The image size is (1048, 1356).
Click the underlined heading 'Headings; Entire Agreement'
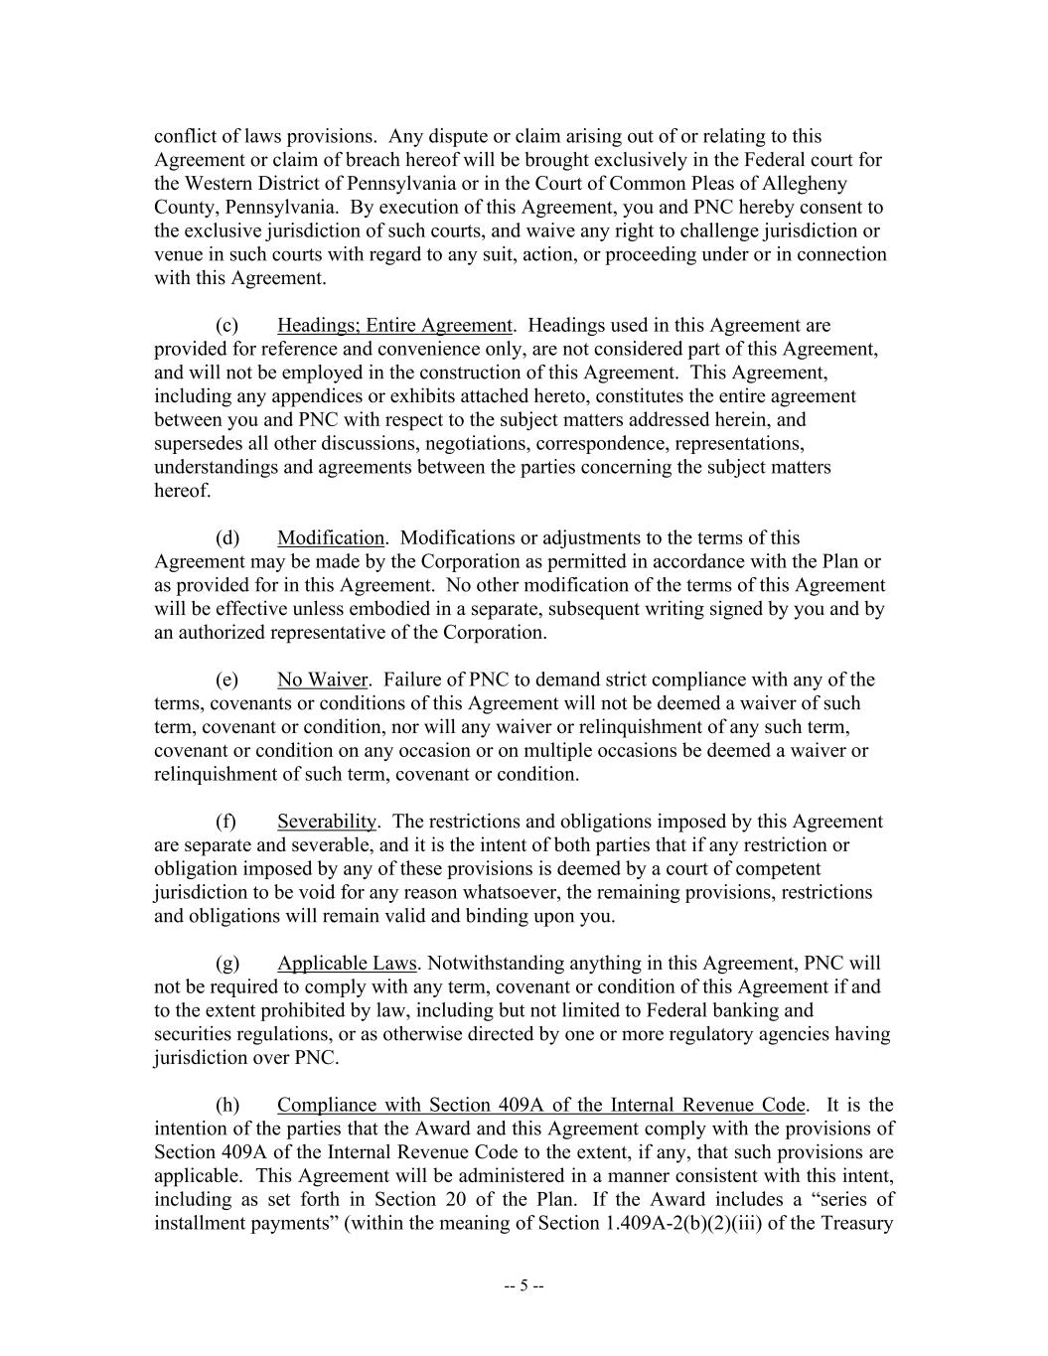[x=394, y=326]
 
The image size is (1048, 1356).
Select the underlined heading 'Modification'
[x=330, y=538]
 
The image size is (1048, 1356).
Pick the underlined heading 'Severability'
[x=327, y=822]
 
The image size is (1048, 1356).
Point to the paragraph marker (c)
[x=227, y=326]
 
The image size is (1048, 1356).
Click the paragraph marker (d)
[x=227, y=538]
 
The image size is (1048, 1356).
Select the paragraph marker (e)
[x=227, y=680]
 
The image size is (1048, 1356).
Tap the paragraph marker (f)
[x=226, y=822]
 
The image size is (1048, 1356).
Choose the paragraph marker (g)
[x=227, y=964]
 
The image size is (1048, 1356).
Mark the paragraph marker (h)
[x=227, y=1106]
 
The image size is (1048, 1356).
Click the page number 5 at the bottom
[x=524, y=1285]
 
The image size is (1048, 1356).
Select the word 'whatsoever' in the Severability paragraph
[x=515, y=893]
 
